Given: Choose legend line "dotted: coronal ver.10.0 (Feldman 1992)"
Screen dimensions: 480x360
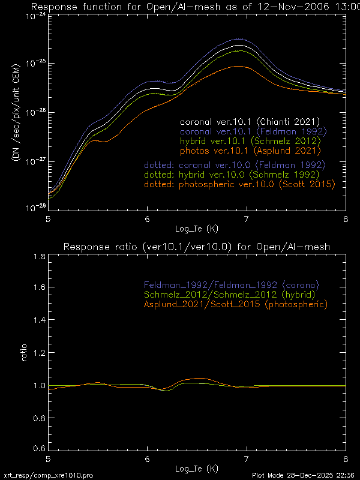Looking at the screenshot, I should click(x=234, y=164).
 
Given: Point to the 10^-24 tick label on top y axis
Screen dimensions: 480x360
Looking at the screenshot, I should click(x=35, y=16).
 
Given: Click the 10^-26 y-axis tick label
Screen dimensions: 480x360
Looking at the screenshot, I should click(x=35, y=112).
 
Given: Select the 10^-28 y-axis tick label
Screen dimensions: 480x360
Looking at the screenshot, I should click(x=35, y=207).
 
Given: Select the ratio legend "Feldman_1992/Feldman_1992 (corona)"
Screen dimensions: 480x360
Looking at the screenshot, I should click(x=231, y=284).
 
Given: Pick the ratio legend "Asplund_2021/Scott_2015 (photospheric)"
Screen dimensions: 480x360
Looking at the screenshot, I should click(x=235, y=305).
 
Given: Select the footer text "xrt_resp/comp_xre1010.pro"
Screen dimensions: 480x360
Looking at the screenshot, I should click(x=48, y=475).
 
